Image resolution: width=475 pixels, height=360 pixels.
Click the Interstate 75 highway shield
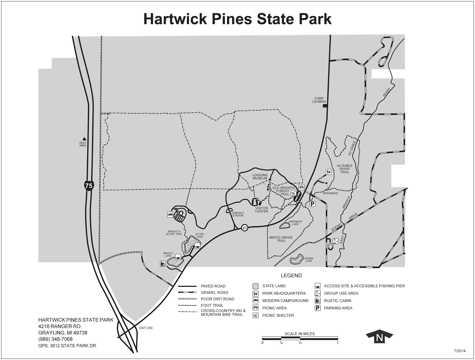[x=88, y=186]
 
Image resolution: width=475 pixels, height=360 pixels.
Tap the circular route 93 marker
[x=244, y=228]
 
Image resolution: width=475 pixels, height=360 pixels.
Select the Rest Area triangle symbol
[x=84, y=138]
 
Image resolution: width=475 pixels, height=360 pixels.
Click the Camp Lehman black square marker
[x=325, y=105]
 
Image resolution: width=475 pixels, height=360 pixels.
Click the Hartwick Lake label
[x=295, y=223]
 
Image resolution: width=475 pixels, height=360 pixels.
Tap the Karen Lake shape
[x=296, y=260]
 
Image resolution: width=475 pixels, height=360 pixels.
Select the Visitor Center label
[x=262, y=210]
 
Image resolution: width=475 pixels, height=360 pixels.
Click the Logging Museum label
[x=260, y=177]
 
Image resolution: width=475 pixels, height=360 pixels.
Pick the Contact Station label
[x=238, y=214]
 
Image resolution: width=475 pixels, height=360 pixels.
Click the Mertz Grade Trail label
[x=281, y=239]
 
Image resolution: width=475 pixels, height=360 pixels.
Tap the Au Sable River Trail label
[x=344, y=169]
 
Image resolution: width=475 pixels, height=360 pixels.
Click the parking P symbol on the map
[x=312, y=204]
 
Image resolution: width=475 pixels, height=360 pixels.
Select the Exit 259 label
[x=145, y=328]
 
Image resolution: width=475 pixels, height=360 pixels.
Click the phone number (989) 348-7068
[x=55, y=339]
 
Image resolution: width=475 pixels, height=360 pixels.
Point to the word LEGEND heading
[x=291, y=276]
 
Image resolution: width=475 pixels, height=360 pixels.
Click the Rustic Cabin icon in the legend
[x=317, y=301]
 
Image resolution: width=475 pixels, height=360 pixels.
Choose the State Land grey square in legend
[x=255, y=286]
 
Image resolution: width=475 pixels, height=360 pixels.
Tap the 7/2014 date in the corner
[x=460, y=351]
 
